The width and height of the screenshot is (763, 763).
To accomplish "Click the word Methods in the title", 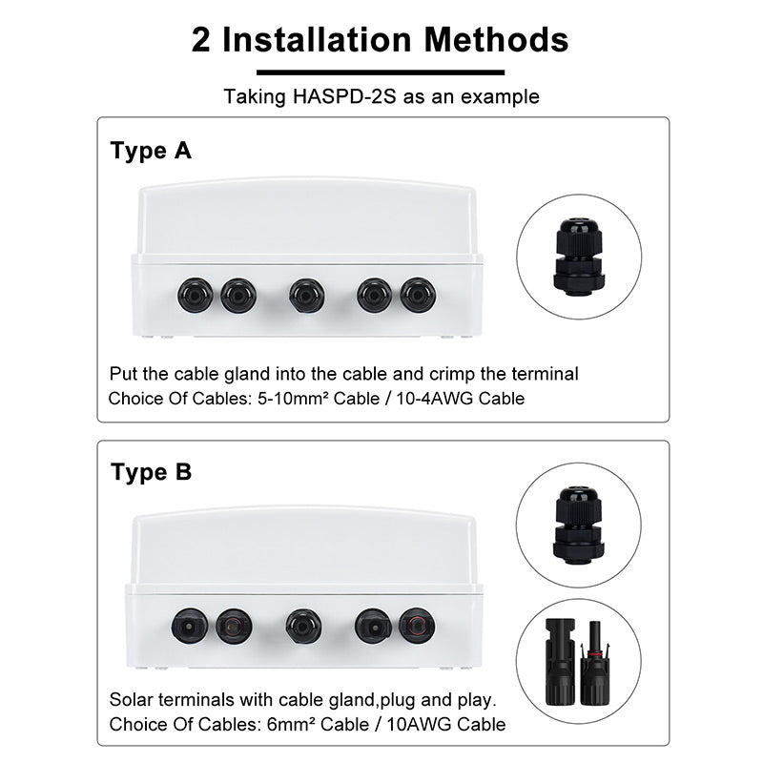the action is pos(496,39).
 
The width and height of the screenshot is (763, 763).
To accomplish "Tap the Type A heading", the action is pos(151,151).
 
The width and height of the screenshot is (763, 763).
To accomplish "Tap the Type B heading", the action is pos(152,472).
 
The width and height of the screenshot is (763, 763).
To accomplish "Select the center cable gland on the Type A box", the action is pos(306,296).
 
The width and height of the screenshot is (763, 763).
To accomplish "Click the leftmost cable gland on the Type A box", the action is pos(196,296).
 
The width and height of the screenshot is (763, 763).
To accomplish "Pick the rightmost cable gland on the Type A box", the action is pos(418,296).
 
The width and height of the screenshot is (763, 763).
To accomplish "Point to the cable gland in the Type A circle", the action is pos(579,257).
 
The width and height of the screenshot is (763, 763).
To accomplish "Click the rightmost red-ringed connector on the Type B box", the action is pos(417,626).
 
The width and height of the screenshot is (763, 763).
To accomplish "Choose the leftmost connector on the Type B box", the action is pos(190,626).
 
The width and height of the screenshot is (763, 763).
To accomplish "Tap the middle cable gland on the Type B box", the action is pos(303,626).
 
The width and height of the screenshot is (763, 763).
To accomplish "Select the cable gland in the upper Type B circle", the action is pos(579,526).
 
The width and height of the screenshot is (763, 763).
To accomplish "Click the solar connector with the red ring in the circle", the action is pos(594,663).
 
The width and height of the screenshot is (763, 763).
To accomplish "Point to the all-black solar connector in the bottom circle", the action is pos(560,662).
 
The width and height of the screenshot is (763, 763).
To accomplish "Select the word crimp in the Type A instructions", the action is pos(451,374).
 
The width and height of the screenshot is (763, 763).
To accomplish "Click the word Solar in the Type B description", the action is pos(131,700).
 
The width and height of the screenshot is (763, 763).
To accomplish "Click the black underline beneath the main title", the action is pos(381,72).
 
